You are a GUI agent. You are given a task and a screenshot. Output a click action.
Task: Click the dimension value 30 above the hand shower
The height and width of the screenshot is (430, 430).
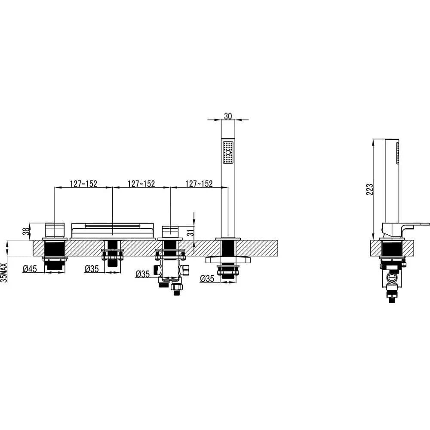(x=228, y=116)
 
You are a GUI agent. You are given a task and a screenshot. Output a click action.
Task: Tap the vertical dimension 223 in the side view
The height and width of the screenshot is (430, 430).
(x=369, y=190)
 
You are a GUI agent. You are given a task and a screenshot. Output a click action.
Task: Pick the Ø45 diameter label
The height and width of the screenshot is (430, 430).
(x=30, y=269)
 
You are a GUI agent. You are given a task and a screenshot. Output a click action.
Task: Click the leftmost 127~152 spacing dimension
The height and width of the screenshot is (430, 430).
(x=83, y=184)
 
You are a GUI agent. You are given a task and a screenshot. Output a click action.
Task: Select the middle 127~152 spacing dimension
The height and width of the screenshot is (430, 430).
(x=141, y=184)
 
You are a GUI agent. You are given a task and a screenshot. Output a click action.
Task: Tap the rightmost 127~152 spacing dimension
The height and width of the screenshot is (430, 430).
(x=199, y=184)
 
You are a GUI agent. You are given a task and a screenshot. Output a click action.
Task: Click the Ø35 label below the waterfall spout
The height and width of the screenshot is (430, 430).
(x=92, y=269)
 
